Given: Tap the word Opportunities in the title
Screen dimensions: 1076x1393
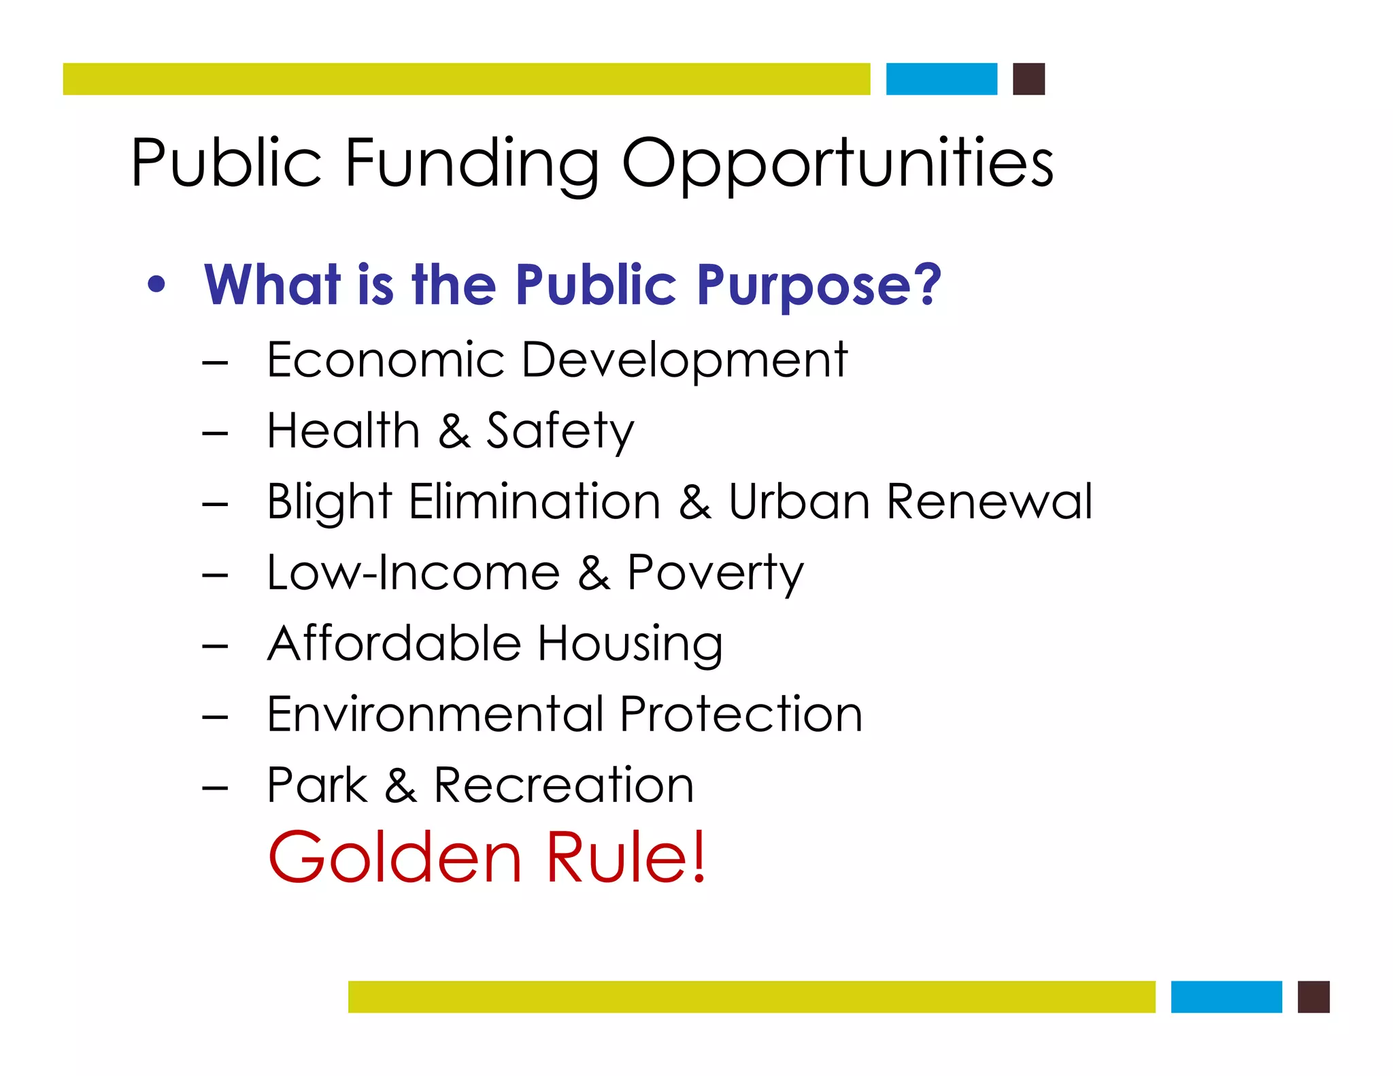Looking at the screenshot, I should point(837,163).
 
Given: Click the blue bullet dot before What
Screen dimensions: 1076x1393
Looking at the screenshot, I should point(156,285).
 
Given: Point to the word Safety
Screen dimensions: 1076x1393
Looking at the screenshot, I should point(559,431).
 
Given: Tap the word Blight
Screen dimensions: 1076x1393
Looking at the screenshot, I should point(329,502).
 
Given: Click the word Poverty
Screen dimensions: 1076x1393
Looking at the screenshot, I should point(714,573).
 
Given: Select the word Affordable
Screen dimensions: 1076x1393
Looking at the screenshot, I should point(394,643).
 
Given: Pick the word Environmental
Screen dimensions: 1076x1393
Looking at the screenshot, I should point(435,714).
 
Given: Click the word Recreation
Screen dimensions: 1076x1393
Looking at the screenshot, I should point(563,785).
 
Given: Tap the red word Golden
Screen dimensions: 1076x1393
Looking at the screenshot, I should point(395,858).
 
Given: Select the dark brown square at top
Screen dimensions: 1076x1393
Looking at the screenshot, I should point(1028,79).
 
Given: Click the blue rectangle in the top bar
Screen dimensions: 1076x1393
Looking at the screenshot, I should point(941,79).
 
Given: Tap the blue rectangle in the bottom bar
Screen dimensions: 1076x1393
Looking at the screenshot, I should point(1226,996).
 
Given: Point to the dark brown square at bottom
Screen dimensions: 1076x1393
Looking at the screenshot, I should point(1313,996).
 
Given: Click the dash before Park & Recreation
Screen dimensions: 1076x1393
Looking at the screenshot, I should point(215,788).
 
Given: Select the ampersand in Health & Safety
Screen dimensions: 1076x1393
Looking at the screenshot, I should point(454,431).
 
